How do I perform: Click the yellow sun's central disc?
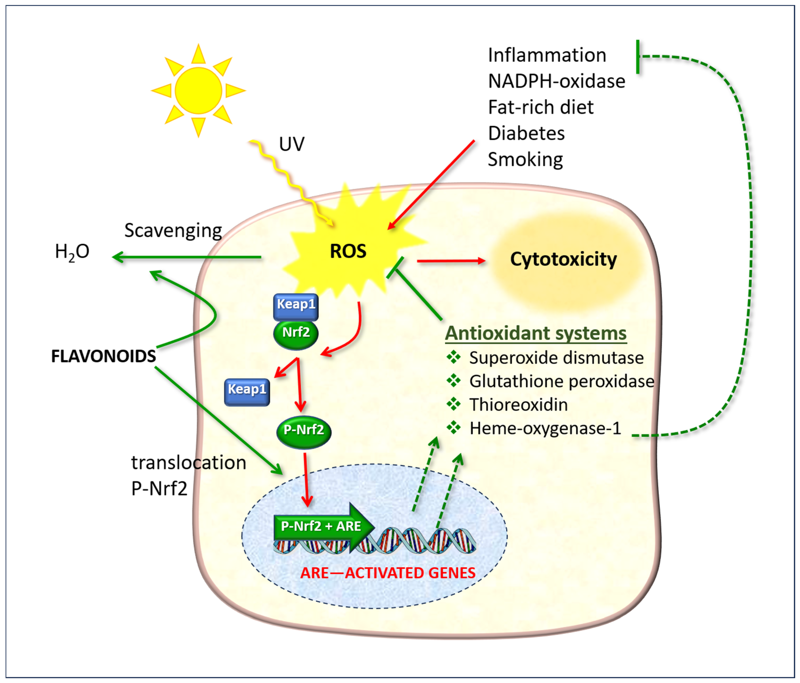198,91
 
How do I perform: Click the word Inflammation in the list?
547,55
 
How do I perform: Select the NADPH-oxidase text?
556,81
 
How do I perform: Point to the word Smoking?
525,160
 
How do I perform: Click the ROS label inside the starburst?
348,252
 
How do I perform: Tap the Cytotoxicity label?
563,259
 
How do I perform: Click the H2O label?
72,252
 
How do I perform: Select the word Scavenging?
173,231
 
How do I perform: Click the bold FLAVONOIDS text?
103,356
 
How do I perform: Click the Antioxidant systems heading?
536,333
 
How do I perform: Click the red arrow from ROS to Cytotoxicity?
451,261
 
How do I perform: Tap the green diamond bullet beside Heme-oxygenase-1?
454,427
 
